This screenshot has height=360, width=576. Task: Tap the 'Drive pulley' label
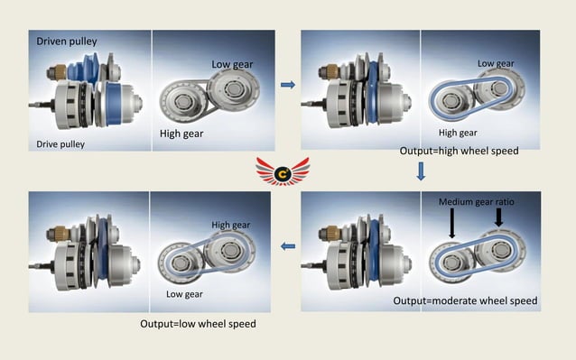[60, 143]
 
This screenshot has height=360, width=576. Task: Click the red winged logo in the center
[288, 169]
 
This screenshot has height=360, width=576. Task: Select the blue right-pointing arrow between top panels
[288, 85]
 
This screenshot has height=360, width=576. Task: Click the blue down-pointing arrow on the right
[421, 171]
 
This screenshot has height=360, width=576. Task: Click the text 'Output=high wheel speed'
[459, 151]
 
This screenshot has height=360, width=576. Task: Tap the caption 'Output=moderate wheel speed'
[466, 300]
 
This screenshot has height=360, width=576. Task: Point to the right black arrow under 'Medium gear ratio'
[497, 217]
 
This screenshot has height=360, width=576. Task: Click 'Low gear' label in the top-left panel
[233, 64]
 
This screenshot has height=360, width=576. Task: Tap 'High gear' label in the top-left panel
[181, 134]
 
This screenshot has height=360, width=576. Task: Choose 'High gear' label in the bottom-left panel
[232, 225]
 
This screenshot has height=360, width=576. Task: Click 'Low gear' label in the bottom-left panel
[184, 294]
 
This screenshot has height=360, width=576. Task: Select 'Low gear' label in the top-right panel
[496, 63]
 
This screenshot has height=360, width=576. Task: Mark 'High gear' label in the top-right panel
[457, 133]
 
